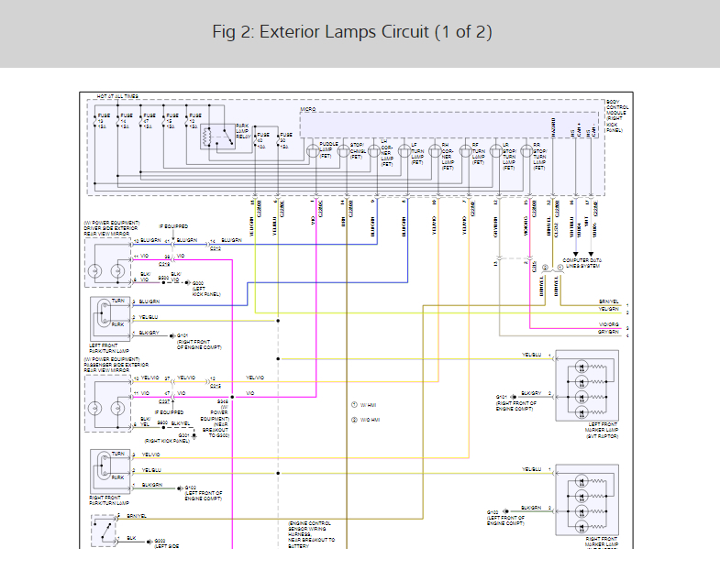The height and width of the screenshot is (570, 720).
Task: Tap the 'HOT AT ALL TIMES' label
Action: [119, 95]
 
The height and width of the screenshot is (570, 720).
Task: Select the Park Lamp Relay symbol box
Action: [213, 137]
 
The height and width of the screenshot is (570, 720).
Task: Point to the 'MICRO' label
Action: [308, 110]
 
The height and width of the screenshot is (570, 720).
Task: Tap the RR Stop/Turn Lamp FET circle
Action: [526, 151]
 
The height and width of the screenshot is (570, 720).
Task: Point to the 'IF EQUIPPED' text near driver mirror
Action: [173, 225]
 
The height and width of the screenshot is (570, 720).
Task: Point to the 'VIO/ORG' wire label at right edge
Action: [608, 325]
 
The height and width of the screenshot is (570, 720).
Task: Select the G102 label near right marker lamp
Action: [493, 512]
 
